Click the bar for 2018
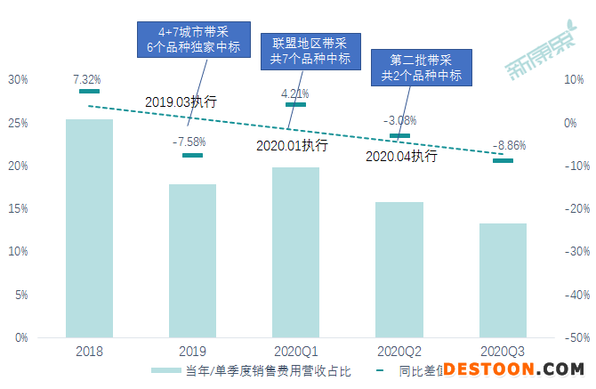(89, 229)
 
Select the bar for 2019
(192, 261)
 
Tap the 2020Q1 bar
(295, 253)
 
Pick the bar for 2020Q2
(399, 270)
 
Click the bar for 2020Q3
(503, 280)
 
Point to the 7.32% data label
(89, 79)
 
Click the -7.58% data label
(191, 141)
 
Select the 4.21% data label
(294, 93)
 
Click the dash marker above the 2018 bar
(89, 91)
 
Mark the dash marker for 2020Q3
(503, 160)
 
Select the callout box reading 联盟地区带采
(302, 52)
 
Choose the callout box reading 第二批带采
(421, 68)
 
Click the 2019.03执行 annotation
(181, 101)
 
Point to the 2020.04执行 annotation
(401, 157)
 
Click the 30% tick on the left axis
(18, 79)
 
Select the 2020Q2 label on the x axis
(399, 352)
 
